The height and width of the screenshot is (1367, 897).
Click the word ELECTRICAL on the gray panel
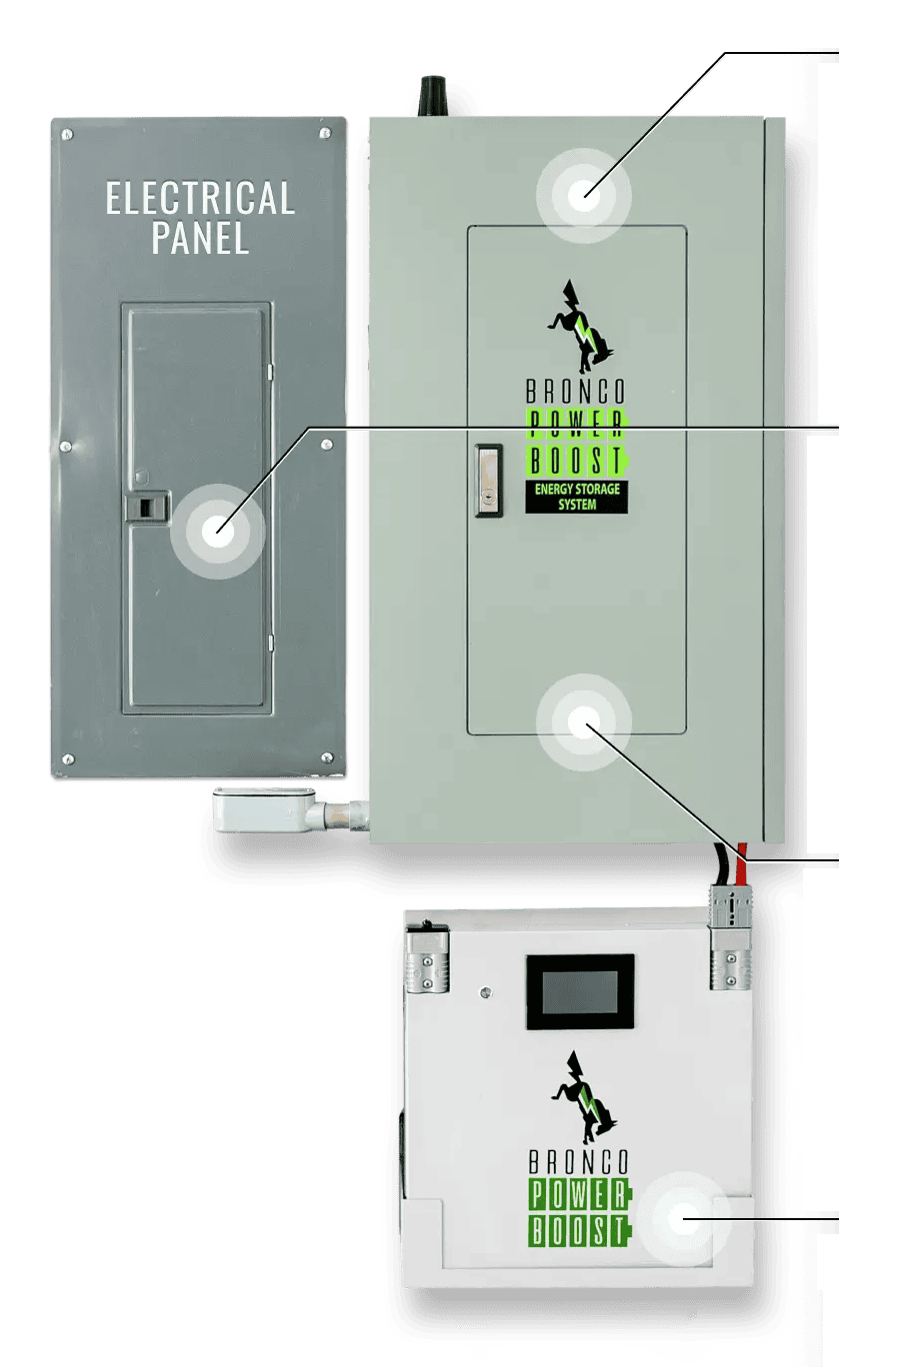200,198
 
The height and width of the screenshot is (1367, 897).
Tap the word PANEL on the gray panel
200,238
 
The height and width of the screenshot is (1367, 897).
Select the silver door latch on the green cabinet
489,481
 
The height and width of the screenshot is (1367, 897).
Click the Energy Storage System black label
576,497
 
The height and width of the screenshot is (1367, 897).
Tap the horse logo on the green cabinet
581,327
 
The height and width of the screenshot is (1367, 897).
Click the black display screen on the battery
580,991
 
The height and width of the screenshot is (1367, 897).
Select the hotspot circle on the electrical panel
217,531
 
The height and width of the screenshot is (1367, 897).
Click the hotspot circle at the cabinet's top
584,196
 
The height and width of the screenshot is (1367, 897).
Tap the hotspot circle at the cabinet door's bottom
584,722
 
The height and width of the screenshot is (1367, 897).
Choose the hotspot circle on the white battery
683,1219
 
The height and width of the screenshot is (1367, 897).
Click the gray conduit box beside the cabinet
264,810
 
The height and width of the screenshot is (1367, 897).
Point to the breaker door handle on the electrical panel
147,507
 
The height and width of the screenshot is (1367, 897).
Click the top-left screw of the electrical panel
68,134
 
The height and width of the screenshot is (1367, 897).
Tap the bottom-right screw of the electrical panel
327,758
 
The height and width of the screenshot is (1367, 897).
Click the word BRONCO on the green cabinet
576,391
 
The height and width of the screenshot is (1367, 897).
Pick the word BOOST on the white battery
579,1231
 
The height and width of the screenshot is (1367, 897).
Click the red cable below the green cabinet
743,864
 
